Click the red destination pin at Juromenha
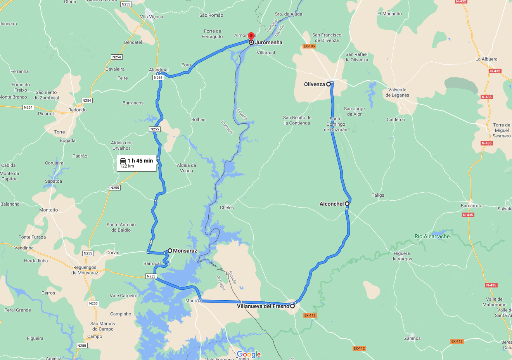(251, 36)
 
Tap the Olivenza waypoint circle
(329, 84)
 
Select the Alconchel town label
(332, 204)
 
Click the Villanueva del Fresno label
(263, 306)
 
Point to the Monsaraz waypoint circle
(170, 251)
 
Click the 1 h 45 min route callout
(137, 163)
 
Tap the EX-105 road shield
(309, 46)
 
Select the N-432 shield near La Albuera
(495, 71)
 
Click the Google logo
(249, 354)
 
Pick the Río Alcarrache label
(432, 236)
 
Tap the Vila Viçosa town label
(152, 17)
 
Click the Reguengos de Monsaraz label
(85, 270)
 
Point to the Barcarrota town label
(472, 206)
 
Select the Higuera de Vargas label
(401, 256)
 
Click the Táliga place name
(378, 195)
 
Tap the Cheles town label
(227, 208)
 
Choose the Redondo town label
(78, 110)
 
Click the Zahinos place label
(412, 338)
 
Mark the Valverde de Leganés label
(397, 92)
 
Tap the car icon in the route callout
(123, 161)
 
